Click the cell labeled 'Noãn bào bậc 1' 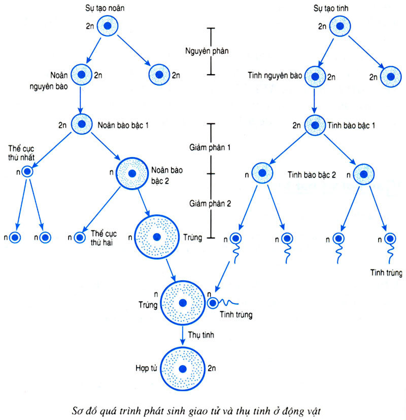(81, 124)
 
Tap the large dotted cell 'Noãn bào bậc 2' (132, 174)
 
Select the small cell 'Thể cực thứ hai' (80, 237)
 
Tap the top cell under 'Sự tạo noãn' (108, 26)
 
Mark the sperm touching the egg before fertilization (213, 303)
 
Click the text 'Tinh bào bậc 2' (312, 174)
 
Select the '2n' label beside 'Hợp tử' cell (213, 368)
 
